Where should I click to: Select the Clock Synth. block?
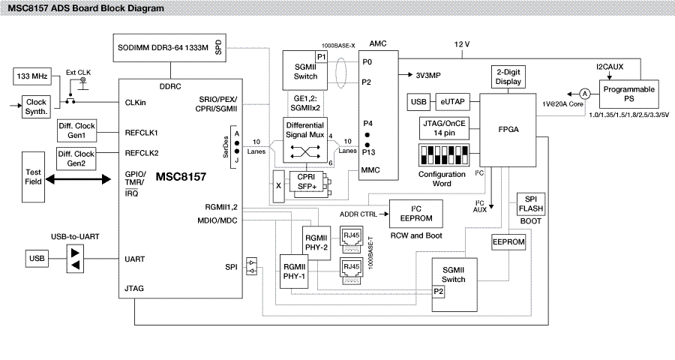pos(36,106)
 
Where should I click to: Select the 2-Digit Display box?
pos(508,77)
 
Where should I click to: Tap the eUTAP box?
pos(452,101)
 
